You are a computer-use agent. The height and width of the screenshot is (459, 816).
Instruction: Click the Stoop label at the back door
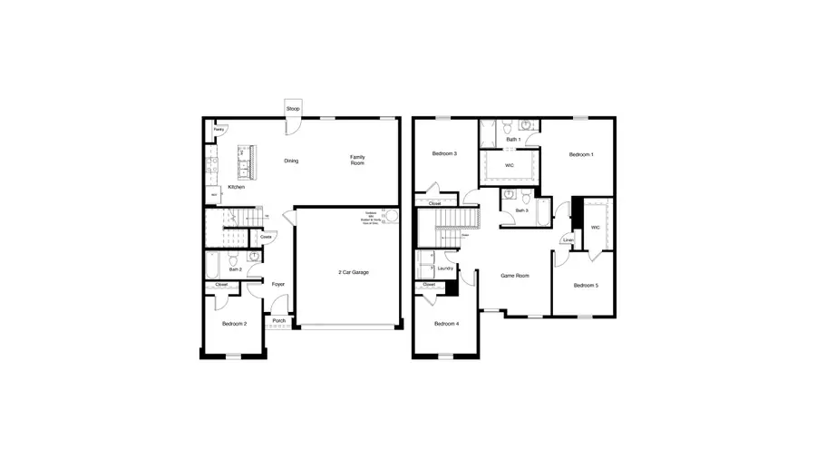point(293,109)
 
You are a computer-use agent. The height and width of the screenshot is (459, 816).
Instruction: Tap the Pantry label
point(219,131)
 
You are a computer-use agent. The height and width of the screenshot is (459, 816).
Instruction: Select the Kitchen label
point(236,187)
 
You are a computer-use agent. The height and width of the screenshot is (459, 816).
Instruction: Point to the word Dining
point(291,161)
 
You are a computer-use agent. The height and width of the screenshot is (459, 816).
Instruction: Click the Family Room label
point(358,160)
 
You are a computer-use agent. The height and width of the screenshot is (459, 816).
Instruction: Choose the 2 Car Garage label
point(354,272)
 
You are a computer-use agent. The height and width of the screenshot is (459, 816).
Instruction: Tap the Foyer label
point(278,284)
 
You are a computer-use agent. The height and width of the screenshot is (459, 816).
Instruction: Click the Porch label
point(278,320)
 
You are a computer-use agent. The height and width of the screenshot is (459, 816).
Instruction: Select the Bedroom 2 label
point(234,324)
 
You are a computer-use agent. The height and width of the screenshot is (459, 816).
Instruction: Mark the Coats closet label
point(266,237)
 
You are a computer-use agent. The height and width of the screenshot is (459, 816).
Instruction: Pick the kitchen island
point(245,163)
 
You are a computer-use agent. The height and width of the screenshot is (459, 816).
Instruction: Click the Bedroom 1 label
point(581,155)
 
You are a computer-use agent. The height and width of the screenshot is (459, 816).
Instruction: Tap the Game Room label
point(515,276)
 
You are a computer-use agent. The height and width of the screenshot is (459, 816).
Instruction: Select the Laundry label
point(445,269)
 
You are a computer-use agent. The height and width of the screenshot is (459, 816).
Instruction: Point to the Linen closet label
point(568,240)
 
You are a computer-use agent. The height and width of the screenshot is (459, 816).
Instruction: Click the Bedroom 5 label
point(585,286)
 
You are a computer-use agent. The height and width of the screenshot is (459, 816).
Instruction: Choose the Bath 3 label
point(521,210)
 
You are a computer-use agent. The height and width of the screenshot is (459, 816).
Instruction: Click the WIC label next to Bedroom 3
point(510,165)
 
